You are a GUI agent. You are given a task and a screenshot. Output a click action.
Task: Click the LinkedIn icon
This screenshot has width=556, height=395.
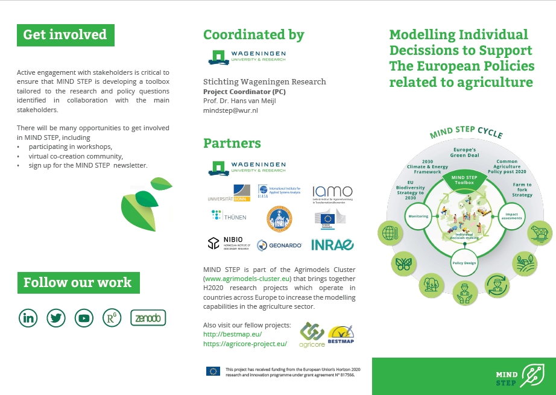pyautogui.click(x=28, y=318)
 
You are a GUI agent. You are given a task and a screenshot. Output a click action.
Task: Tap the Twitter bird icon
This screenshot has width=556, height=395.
pyautogui.click(x=56, y=318)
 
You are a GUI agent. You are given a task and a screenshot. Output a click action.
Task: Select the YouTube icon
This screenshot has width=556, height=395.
pyautogui.click(x=84, y=318)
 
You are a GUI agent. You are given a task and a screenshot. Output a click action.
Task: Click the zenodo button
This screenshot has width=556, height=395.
pyautogui.click(x=148, y=318)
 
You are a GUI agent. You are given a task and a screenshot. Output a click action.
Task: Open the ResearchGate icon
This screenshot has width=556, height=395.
pyautogui.click(x=112, y=318)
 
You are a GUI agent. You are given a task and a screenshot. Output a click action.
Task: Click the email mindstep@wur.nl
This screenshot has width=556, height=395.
pyautogui.click(x=231, y=111)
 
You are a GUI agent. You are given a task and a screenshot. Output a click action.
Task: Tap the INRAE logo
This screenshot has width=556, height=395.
pyautogui.click(x=332, y=244)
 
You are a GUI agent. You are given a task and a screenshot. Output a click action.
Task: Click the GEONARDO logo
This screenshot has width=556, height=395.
pyautogui.click(x=279, y=244)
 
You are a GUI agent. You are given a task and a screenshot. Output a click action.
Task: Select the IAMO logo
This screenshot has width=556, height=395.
pyautogui.click(x=332, y=193)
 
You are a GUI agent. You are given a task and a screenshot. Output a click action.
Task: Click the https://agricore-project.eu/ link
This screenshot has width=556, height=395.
pyautogui.click(x=245, y=344)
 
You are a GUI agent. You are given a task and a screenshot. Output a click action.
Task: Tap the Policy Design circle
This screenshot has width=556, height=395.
pyautogui.click(x=464, y=263)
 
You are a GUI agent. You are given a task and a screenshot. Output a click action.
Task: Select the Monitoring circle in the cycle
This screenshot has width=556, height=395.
pyautogui.click(x=418, y=216)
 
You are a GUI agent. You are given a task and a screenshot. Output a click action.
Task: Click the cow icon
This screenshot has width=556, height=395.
pyautogui.click(x=540, y=234)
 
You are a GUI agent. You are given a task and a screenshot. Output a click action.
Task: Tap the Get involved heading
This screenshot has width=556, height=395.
pyautogui.click(x=65, y=35)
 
